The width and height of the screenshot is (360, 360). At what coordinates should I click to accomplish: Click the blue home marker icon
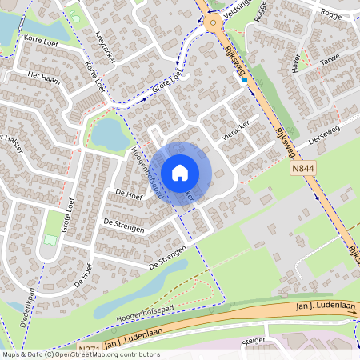(x=180, y=172)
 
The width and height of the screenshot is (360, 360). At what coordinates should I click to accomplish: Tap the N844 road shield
(x=303, y=170)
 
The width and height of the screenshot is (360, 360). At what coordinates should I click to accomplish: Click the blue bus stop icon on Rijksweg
(x=244, y=78)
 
